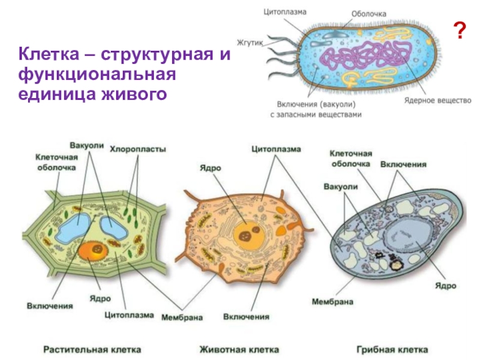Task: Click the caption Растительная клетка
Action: click(92, 349)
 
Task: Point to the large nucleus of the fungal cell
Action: click(407, 237)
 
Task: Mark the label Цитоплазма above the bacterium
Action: click(286, 11)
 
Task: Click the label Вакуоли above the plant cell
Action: click(88, 146)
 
